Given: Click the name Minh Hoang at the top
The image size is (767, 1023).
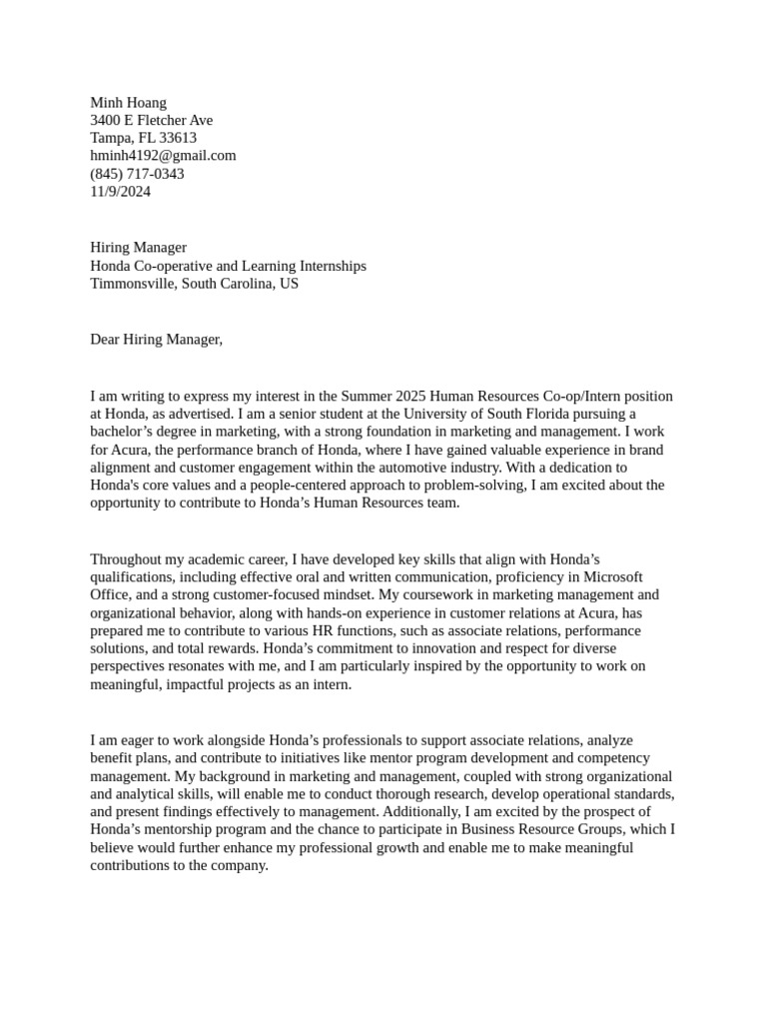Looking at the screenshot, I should point(128,102).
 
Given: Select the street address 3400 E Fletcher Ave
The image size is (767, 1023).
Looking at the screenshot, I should point(151,120).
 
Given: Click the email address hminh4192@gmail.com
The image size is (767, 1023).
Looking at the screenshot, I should point(163,156).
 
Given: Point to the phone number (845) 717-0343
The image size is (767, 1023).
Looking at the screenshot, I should point(137,174).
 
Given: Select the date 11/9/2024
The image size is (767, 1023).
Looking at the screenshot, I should point(120,192).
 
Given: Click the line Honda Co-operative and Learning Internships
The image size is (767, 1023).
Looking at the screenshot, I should point(228,266).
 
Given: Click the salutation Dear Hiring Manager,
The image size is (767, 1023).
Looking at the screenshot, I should point(156,340).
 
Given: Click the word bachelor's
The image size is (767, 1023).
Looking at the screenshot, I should point(125,433).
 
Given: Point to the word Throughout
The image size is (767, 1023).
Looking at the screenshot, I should point(126,559).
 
